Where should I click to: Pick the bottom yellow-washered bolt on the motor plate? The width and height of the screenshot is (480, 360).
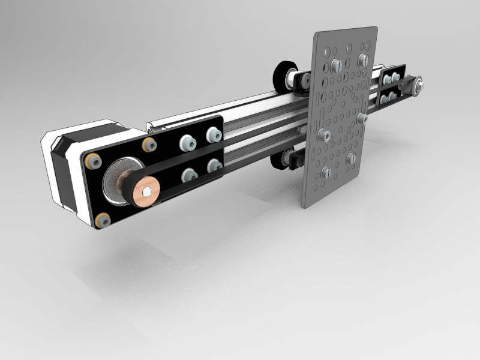103,220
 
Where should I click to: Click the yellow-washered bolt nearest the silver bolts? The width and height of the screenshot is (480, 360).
148,145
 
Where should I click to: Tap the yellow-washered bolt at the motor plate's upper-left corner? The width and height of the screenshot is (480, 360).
91,161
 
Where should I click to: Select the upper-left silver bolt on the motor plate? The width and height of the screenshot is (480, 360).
187,142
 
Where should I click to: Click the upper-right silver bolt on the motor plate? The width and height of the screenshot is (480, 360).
212,135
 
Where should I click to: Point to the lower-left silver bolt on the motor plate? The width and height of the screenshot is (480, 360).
189,175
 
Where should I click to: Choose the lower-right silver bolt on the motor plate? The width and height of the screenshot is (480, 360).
214,165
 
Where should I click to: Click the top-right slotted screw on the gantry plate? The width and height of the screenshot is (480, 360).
362,60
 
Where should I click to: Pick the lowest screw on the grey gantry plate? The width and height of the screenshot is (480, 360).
325,173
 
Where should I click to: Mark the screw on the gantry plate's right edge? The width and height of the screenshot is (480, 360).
362,119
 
